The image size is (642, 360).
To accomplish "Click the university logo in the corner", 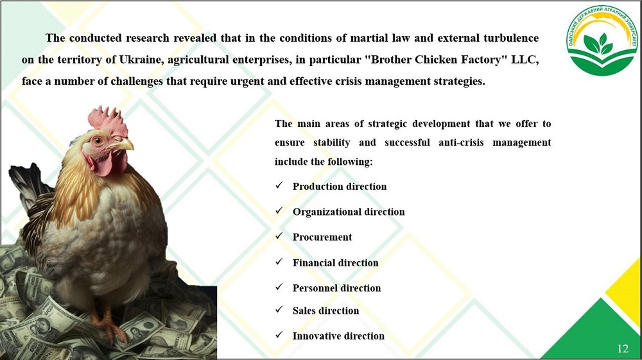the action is tap(602, 40).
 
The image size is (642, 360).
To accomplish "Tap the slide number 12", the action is tap(622, 348).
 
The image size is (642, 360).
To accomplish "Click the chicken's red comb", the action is tap(107, 121).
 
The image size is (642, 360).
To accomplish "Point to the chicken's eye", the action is tap(98, 141).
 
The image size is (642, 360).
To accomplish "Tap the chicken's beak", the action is tap(122, 144).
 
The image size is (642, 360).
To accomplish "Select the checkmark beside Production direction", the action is tap(279, 185).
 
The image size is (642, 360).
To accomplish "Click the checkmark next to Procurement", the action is tap(279, 236).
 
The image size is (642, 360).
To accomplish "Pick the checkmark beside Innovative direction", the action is tap(279, 335).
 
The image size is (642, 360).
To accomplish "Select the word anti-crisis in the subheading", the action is tap(461, 142).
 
